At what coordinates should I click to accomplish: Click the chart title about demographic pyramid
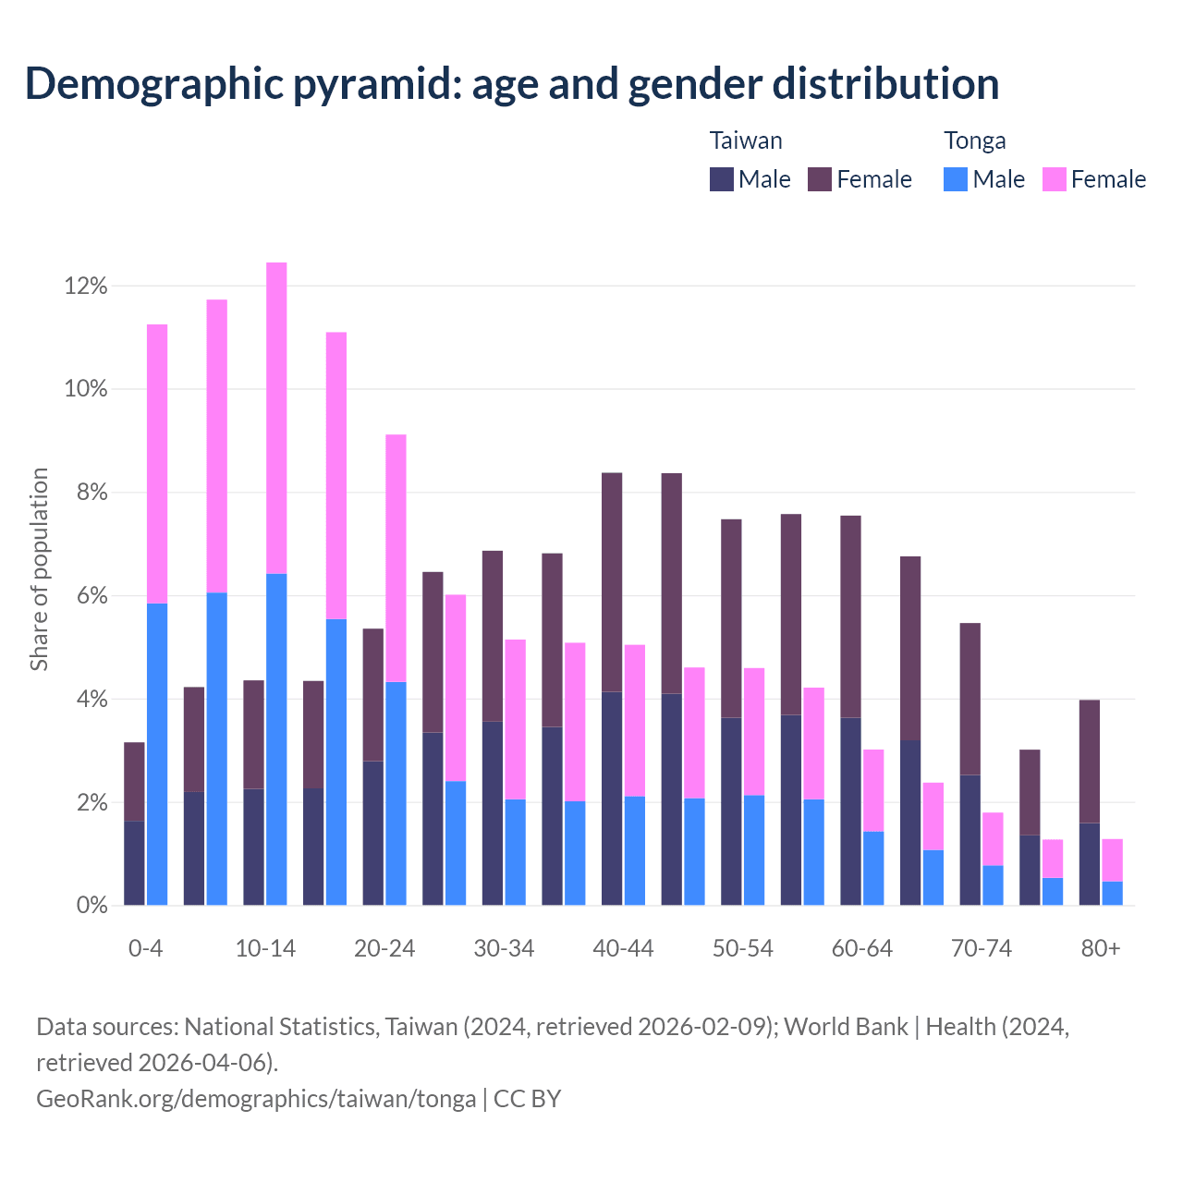512,84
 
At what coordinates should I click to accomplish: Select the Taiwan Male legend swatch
722,179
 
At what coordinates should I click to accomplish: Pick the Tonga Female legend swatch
1054,179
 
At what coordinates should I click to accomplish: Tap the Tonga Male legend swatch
956,179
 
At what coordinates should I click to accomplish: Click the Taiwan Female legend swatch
820,179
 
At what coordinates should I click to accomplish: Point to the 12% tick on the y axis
86,287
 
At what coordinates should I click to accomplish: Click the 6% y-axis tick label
91,596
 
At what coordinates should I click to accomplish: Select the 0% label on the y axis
91,906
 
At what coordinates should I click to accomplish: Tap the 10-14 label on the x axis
265,949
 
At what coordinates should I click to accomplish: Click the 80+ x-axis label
1101,949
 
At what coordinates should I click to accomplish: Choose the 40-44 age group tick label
623,949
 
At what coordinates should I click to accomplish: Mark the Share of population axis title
39,569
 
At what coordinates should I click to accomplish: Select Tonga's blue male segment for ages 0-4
157,754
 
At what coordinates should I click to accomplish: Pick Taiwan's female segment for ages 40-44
612,582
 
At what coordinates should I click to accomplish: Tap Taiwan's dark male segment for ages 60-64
850,811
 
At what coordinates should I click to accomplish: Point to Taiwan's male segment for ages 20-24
373,833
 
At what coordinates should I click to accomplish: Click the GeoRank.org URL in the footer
256,1099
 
